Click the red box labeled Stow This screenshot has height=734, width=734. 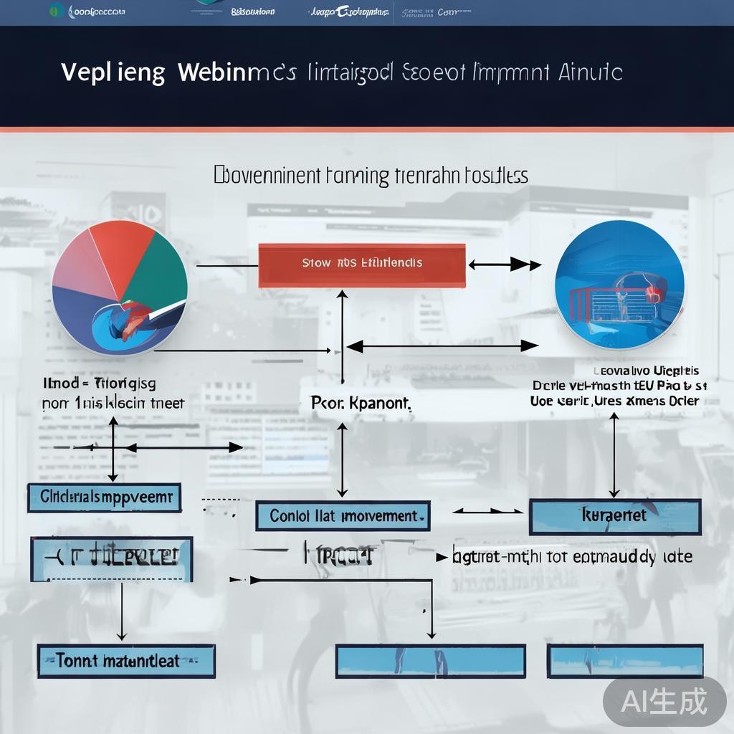pos(361,264)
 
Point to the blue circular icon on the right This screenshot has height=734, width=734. pos(619,285)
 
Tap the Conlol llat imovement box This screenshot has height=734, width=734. pos(343,516)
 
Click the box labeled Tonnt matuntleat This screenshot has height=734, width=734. pos(126,660)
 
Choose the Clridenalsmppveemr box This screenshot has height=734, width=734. pos(105,497)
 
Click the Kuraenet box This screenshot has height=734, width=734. pos(614,517)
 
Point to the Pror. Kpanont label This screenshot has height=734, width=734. pos(361,404)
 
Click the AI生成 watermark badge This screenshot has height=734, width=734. pos(664,701)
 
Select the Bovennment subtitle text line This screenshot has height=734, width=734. pos(371,176)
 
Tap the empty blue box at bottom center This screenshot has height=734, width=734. pos(430,661)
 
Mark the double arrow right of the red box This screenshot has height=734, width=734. pos(505,265)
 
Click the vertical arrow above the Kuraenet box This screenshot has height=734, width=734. pos(614,454)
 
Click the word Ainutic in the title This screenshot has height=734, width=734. pos(588,72)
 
